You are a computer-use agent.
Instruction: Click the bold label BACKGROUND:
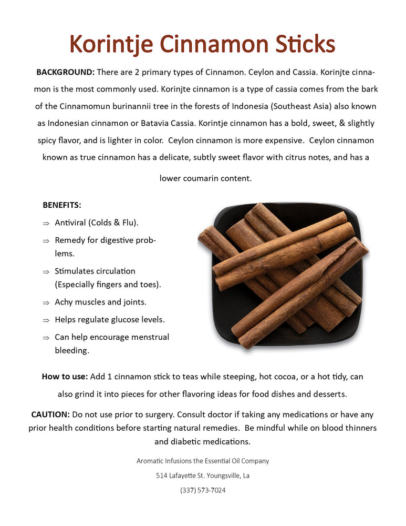(65, 72)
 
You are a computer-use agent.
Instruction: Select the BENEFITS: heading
(62, 205)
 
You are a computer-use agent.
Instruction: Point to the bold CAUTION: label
(50, 414)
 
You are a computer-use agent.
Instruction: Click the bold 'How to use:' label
(65, 377)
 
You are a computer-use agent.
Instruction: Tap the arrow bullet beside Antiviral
(46, 224)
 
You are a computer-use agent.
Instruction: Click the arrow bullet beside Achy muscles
(46, 303)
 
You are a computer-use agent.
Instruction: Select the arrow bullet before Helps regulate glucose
(46, 320)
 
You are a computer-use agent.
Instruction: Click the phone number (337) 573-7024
(203, 490)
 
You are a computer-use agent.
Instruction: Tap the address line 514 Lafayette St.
(203, 476)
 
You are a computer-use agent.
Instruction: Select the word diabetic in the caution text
(189, 441)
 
